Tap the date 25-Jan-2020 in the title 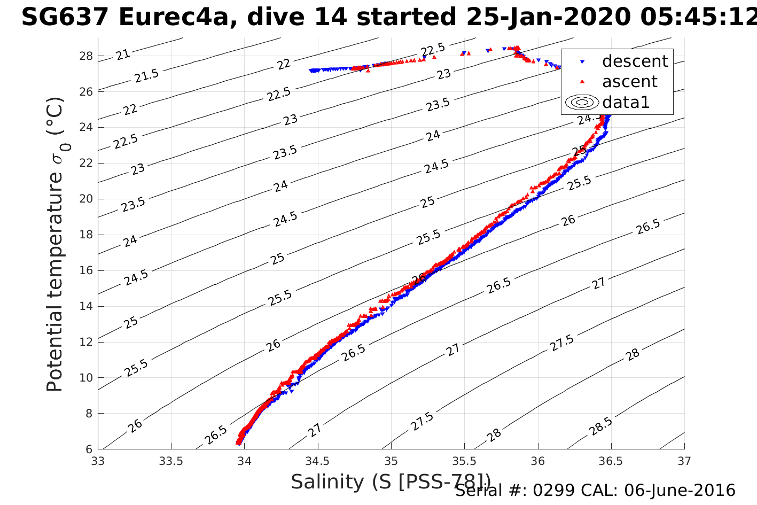548,18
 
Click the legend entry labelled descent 635,61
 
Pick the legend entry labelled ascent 629,82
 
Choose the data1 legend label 626,102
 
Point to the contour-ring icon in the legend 582,102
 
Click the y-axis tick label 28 86,56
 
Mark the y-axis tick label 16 86,270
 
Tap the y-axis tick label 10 86,378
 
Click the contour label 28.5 602,426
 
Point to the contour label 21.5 146,76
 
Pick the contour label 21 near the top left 123,55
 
